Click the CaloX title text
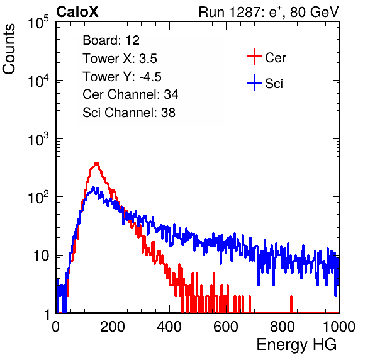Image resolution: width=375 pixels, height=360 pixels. (x=77, y=12)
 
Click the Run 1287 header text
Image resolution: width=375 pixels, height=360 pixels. (x=269, y=12)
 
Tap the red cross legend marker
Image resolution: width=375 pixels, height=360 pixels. (x=254, y=57)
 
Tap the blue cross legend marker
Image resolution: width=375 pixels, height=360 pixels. (x=254, y=82)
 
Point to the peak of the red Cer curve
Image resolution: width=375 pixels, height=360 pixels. (x=96, y=163)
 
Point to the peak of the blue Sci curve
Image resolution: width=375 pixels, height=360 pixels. (x=94, y=188)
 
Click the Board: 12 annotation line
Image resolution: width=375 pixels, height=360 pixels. (x=111, y=40)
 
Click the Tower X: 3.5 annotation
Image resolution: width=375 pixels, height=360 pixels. (x=120, y=59)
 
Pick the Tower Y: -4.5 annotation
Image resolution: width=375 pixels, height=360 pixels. (x=122, y=77)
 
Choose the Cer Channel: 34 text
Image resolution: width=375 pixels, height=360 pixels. (x=130, y=94)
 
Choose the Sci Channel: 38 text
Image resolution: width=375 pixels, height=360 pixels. (x=129, y=113)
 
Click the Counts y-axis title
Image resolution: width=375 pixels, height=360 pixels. (x=9, y=49)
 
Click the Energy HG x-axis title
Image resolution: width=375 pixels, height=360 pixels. (x=296, y=345)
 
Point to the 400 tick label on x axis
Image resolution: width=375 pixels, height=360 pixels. (x=169, y=327)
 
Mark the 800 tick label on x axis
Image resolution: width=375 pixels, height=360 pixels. (x=283, y=327)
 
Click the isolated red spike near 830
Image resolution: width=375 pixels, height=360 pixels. (x=291, y=304)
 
